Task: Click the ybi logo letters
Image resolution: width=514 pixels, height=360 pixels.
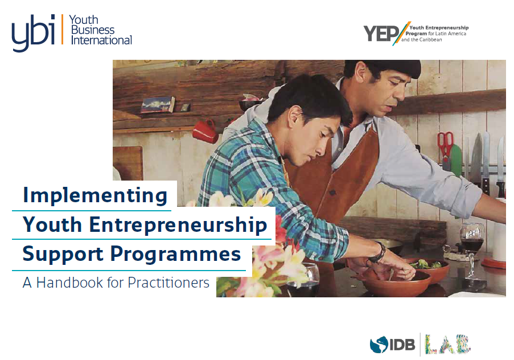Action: click(x=33, y=33)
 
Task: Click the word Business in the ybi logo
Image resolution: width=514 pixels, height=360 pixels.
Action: click(x=93, y=30)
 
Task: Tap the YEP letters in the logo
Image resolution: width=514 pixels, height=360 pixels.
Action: click(x=381, y=34)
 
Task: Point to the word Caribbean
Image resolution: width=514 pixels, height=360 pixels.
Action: click(x=430, y=40)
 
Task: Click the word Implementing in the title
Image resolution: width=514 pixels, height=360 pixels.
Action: click(x=95, y=196)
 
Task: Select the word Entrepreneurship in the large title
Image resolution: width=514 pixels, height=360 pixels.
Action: click(x=178, y=225)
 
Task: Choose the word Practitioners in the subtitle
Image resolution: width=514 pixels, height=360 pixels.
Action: click(x=168, y=283)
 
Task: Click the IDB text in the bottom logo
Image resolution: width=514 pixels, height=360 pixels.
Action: click(x=402, y=345)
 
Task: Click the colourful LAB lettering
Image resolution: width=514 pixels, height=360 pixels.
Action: click(x=448, y=344)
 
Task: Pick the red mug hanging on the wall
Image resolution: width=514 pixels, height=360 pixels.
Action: click(x=205, y=131)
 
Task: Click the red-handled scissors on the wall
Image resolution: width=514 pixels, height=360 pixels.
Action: click(x=446, y=146)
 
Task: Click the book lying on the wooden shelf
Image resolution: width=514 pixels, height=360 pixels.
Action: click(x=158, y=105)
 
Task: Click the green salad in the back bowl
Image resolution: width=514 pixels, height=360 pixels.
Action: click(x=426, y=264)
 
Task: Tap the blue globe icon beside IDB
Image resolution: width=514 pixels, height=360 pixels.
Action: click(x=379, y=345)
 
